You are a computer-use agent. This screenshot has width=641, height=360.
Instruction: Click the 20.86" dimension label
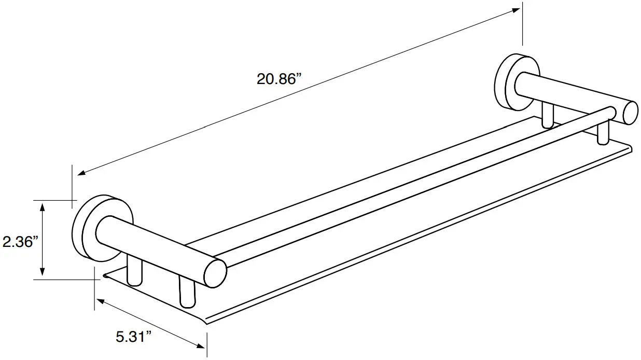[x=278, y=79]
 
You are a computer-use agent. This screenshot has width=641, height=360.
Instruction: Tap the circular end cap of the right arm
[x=631, y=113]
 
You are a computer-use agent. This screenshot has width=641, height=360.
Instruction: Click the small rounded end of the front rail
[x=612, y=113]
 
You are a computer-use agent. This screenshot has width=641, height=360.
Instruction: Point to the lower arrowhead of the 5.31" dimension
[x=201, y=346]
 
